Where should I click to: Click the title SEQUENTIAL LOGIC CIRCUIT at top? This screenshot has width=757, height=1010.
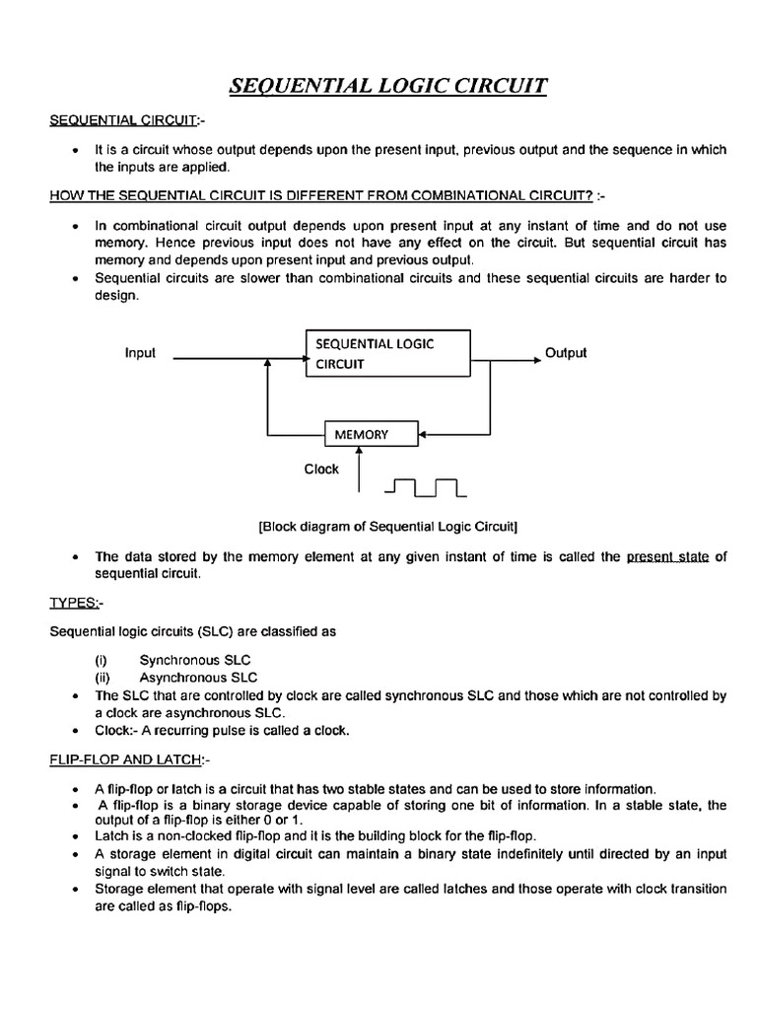tap(387, 87)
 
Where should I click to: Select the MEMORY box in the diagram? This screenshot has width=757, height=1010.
tap(362, 434)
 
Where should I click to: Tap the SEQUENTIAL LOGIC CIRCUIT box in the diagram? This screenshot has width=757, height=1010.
tap(388, 353)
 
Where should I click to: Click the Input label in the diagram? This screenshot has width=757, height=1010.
tap(140, 352)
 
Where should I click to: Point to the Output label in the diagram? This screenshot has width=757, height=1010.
tap(566, 352)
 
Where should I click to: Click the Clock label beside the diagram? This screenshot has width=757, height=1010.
tap(321, 469)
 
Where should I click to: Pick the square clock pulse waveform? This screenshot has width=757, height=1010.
tap(426, 486)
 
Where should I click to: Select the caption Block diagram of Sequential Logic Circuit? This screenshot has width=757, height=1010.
tap(388, 525)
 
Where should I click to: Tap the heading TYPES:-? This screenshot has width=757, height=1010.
tap(75, 602)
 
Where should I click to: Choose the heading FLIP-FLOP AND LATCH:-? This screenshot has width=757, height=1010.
tap(130, 759)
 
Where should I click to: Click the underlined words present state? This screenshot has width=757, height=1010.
tap(667, 556)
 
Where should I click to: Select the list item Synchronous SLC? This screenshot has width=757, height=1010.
tap(195, 659)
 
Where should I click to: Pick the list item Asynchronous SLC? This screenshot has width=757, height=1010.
tap(198, 677)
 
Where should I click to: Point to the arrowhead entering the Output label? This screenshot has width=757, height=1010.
tap(536, 360)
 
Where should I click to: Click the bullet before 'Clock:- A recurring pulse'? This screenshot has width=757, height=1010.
tap(76, 731)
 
